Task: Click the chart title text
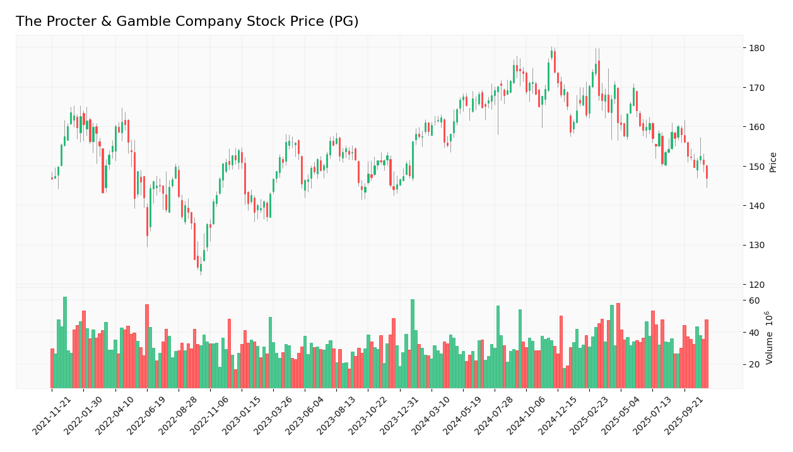pyautogui.click(x=187, y=21)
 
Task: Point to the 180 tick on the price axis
pyautogui.click(x=756, y=48)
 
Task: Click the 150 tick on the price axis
pyautogui.click(x=756, y=167)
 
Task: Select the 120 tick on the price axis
pyautogui.click(x=756, y=285)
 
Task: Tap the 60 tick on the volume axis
pyautogui.click(x=754, y=300)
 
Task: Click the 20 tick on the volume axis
pyautogui.click(x=754, y=365)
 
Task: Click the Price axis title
pyautogui.click(x=773, y=162)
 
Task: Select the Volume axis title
pyautogui.click(x=770, y=337)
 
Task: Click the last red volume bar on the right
pyautogui.click(x=707, y=354)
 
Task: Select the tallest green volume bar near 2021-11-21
pyautogui.click(x=65, y=342)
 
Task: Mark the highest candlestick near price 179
pyautogui.click(x=552, y=54)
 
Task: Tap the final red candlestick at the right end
pyautogui.click(x=707, y=172)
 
